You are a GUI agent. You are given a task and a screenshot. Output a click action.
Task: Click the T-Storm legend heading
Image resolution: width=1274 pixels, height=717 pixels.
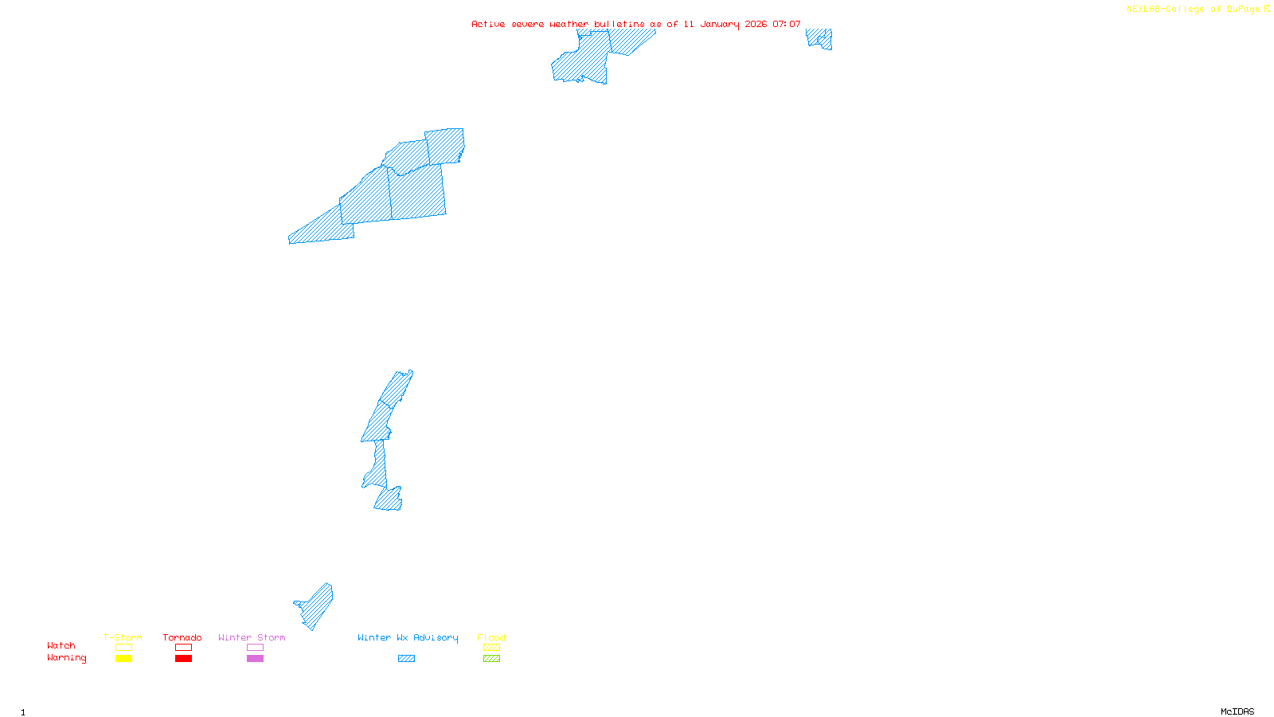coord(123,637)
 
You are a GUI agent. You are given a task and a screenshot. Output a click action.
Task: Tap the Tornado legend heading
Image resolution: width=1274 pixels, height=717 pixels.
coord(182,637)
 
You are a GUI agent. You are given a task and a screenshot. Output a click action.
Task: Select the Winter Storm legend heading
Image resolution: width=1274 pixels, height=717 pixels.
coord(252,637)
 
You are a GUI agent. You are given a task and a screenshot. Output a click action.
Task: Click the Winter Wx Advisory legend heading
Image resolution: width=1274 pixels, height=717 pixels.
coord(408,637)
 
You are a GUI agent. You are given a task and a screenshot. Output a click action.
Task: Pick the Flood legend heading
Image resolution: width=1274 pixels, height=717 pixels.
coord(491,637)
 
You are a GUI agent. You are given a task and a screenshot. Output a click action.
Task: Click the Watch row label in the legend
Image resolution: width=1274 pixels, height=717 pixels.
coord(61,645)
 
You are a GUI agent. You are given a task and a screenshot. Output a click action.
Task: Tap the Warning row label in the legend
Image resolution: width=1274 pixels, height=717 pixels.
coord(66,658)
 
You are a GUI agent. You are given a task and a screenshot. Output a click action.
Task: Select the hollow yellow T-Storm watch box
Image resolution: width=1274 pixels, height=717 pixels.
coord(123,648)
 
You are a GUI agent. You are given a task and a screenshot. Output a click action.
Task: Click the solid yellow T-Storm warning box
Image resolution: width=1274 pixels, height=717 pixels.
coord(123,659)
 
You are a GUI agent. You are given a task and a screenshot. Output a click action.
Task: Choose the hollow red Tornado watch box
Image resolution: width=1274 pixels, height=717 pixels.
coord(183,648)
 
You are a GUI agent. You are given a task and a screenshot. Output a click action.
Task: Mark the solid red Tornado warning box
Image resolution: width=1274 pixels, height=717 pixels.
coord(183,659)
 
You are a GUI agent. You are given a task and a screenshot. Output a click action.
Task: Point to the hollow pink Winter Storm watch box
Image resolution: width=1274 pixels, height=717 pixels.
coord(255,648)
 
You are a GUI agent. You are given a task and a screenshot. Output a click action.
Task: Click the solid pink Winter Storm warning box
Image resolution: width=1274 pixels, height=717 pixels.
coord(255,659)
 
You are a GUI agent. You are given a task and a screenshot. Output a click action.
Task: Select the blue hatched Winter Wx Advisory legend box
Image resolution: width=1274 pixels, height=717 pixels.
coord(406,659)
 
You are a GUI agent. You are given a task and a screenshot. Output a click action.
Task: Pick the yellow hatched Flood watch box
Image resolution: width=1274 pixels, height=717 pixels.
coord(491,648)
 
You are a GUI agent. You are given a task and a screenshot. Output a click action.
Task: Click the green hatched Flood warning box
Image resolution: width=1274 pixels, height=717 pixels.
coord(491,659)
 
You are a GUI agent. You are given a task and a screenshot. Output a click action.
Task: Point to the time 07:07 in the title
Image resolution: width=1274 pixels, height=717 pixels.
coord(787,24)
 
